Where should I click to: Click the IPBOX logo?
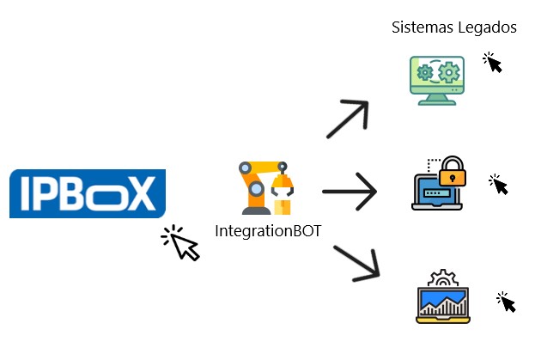pos(87,193)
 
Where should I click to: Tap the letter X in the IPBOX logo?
pos(141,194)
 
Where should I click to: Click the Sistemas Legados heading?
pos(453,27)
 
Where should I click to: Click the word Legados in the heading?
pos(486,27)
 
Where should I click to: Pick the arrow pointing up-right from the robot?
pos(347,119)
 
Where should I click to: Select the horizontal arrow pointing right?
pos(349,192)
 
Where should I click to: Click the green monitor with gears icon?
pos(436,80)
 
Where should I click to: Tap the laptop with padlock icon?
pos(438,185)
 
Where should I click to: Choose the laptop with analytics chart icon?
pos(441,296)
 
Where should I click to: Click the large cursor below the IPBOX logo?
pos(181,242)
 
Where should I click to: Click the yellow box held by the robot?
pos(283,206)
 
